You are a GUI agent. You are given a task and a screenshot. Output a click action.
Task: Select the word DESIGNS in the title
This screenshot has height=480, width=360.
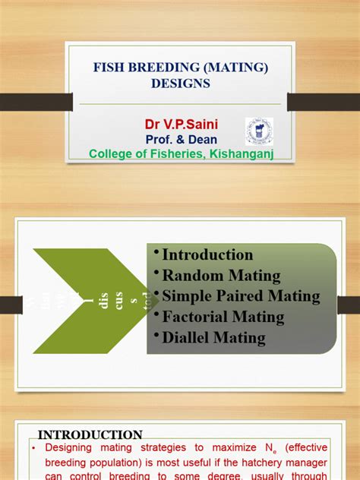180,83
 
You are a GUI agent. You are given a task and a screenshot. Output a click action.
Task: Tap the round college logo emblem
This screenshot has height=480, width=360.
258,131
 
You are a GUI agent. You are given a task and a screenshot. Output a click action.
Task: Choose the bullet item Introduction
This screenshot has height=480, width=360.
207,255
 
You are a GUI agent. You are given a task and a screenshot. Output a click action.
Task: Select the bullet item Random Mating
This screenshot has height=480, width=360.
221,276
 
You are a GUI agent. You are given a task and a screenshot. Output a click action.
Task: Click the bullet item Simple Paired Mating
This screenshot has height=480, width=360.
241,296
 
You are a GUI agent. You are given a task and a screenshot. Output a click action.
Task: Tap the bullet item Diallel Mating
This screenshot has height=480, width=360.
213,337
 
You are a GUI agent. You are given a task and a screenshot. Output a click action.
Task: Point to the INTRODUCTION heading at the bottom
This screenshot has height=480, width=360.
90,435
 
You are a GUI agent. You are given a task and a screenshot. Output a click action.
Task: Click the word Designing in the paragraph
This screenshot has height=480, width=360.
78,449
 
